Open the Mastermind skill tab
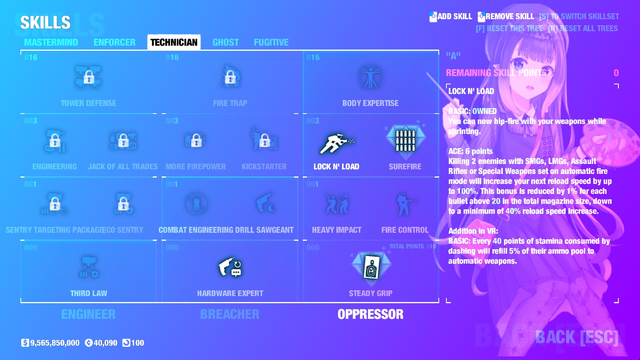[51, 42]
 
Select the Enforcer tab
[114, 42]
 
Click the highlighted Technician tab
[174, 42]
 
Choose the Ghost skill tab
[226, 42]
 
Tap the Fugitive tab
[271, 42]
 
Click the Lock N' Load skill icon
[336, 144]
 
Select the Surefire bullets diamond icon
[405, 140]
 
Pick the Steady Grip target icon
[371, 268]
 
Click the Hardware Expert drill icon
[230, 268]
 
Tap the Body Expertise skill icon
[370, 77]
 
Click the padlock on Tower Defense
[89, 77]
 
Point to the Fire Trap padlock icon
[230, 77]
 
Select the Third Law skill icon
[89, 268]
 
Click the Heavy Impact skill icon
[336, 204]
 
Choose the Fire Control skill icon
[404, 204]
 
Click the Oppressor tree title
[370, 314]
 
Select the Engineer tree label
[88, 314]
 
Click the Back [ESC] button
[576, 337]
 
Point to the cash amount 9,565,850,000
[55, 343]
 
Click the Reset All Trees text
[583, 28]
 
